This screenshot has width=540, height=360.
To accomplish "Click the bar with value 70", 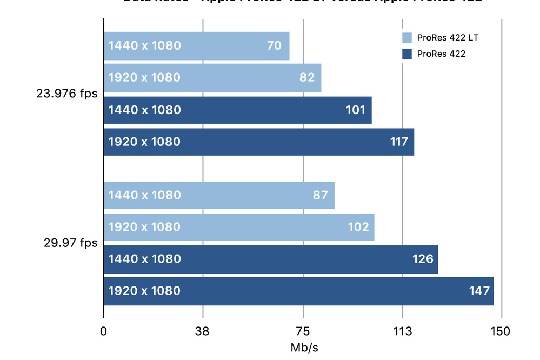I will tap(197, 46).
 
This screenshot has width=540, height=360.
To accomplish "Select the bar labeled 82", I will tap(212, 78).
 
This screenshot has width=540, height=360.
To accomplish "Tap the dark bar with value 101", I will tap(238, 110).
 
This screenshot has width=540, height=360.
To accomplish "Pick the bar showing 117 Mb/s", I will tap(259, 142).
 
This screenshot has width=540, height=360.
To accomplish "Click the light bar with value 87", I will tap(219, 195).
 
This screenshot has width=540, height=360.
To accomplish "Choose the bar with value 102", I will tap(239, 227).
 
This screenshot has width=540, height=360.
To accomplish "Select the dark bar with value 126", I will tap(270, 259).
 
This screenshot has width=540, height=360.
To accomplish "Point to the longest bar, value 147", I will tap(298, 291).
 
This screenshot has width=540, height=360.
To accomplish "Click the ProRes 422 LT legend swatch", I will tap(407, 38).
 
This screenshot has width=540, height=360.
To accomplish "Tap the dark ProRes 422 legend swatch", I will tap(407, 54).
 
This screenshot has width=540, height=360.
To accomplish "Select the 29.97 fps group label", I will tap(70, 243).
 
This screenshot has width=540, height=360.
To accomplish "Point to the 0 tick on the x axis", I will tap(104, 331).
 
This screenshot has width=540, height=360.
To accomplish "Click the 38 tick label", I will tap(203, 331).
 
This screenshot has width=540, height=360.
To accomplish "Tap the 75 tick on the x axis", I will tap(303, 331).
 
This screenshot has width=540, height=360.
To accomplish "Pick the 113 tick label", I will tap(403, 331).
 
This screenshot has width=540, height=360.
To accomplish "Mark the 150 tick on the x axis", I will tap(502, 331).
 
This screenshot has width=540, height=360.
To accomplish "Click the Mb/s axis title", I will tap(303, 348).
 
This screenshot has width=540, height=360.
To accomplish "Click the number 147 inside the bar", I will tap(479, 291).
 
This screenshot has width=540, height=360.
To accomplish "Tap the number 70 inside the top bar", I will tap(274, 46).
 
